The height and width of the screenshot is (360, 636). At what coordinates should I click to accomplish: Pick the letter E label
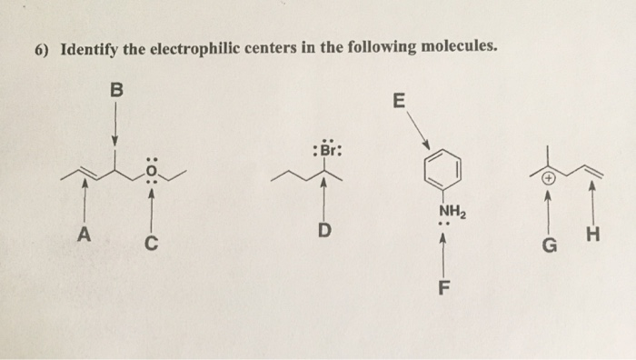click(397, 101)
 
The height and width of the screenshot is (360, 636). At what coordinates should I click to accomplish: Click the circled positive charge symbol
click(549, 179)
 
